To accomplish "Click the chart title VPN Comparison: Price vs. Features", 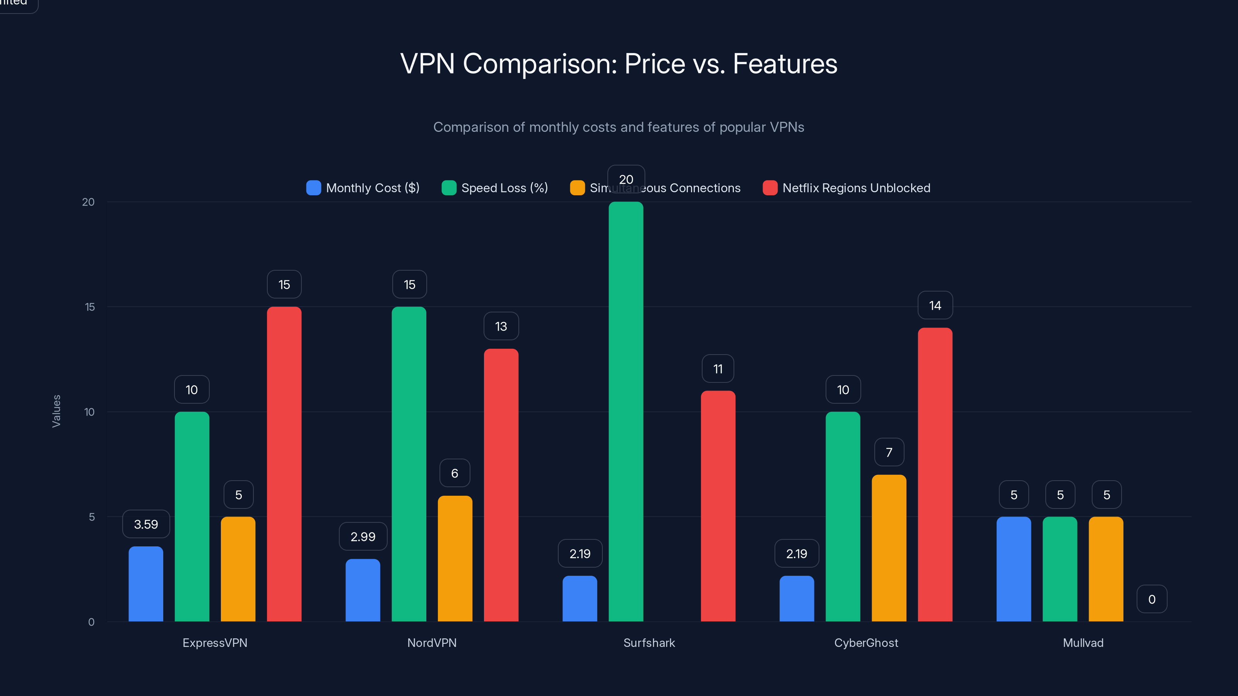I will (x=619, y=64).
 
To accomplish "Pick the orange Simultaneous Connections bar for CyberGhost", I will (x=889, y=548).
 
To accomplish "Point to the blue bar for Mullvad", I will (x=1014, y=569).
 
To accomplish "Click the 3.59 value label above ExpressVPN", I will (x=145, y=524).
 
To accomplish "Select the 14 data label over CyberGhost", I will (x=935, y=305).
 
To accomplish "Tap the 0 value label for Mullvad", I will (x=1151, y=599).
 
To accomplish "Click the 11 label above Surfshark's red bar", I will (x=718, y=369).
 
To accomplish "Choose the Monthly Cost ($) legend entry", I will (x=363, y=188).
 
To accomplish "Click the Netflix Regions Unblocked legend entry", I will (x=846, y=188).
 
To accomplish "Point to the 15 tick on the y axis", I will (x=90, y=307).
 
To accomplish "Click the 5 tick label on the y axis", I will (x=91, y=517).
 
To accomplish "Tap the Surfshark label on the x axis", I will (x=649, y=643).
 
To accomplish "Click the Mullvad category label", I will (x=1083, y=643).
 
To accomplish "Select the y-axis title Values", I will (x=56, y=411).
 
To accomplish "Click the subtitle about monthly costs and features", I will (x=619, y=127).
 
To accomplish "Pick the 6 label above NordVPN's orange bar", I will (x=455, y=473).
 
